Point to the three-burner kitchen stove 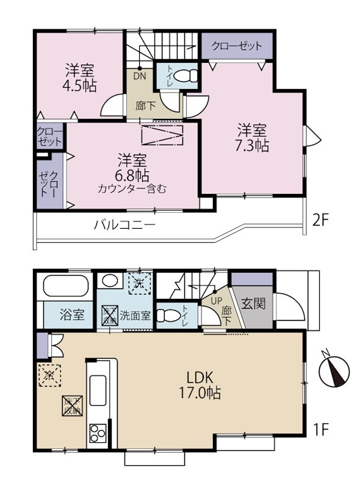pos(98,432)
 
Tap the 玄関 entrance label pos(251,303)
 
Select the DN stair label pos(140,77)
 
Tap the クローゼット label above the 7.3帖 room pos(237,46)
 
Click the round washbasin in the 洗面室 pos(110,281)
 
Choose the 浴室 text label pos(72,317)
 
